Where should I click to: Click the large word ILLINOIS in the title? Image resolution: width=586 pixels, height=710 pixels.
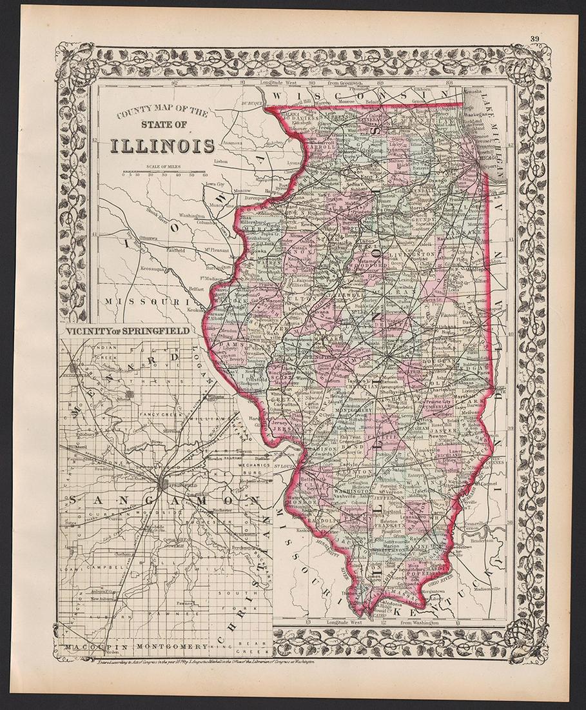pos(162,145)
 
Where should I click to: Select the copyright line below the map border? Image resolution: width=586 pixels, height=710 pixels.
pos(226,662)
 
